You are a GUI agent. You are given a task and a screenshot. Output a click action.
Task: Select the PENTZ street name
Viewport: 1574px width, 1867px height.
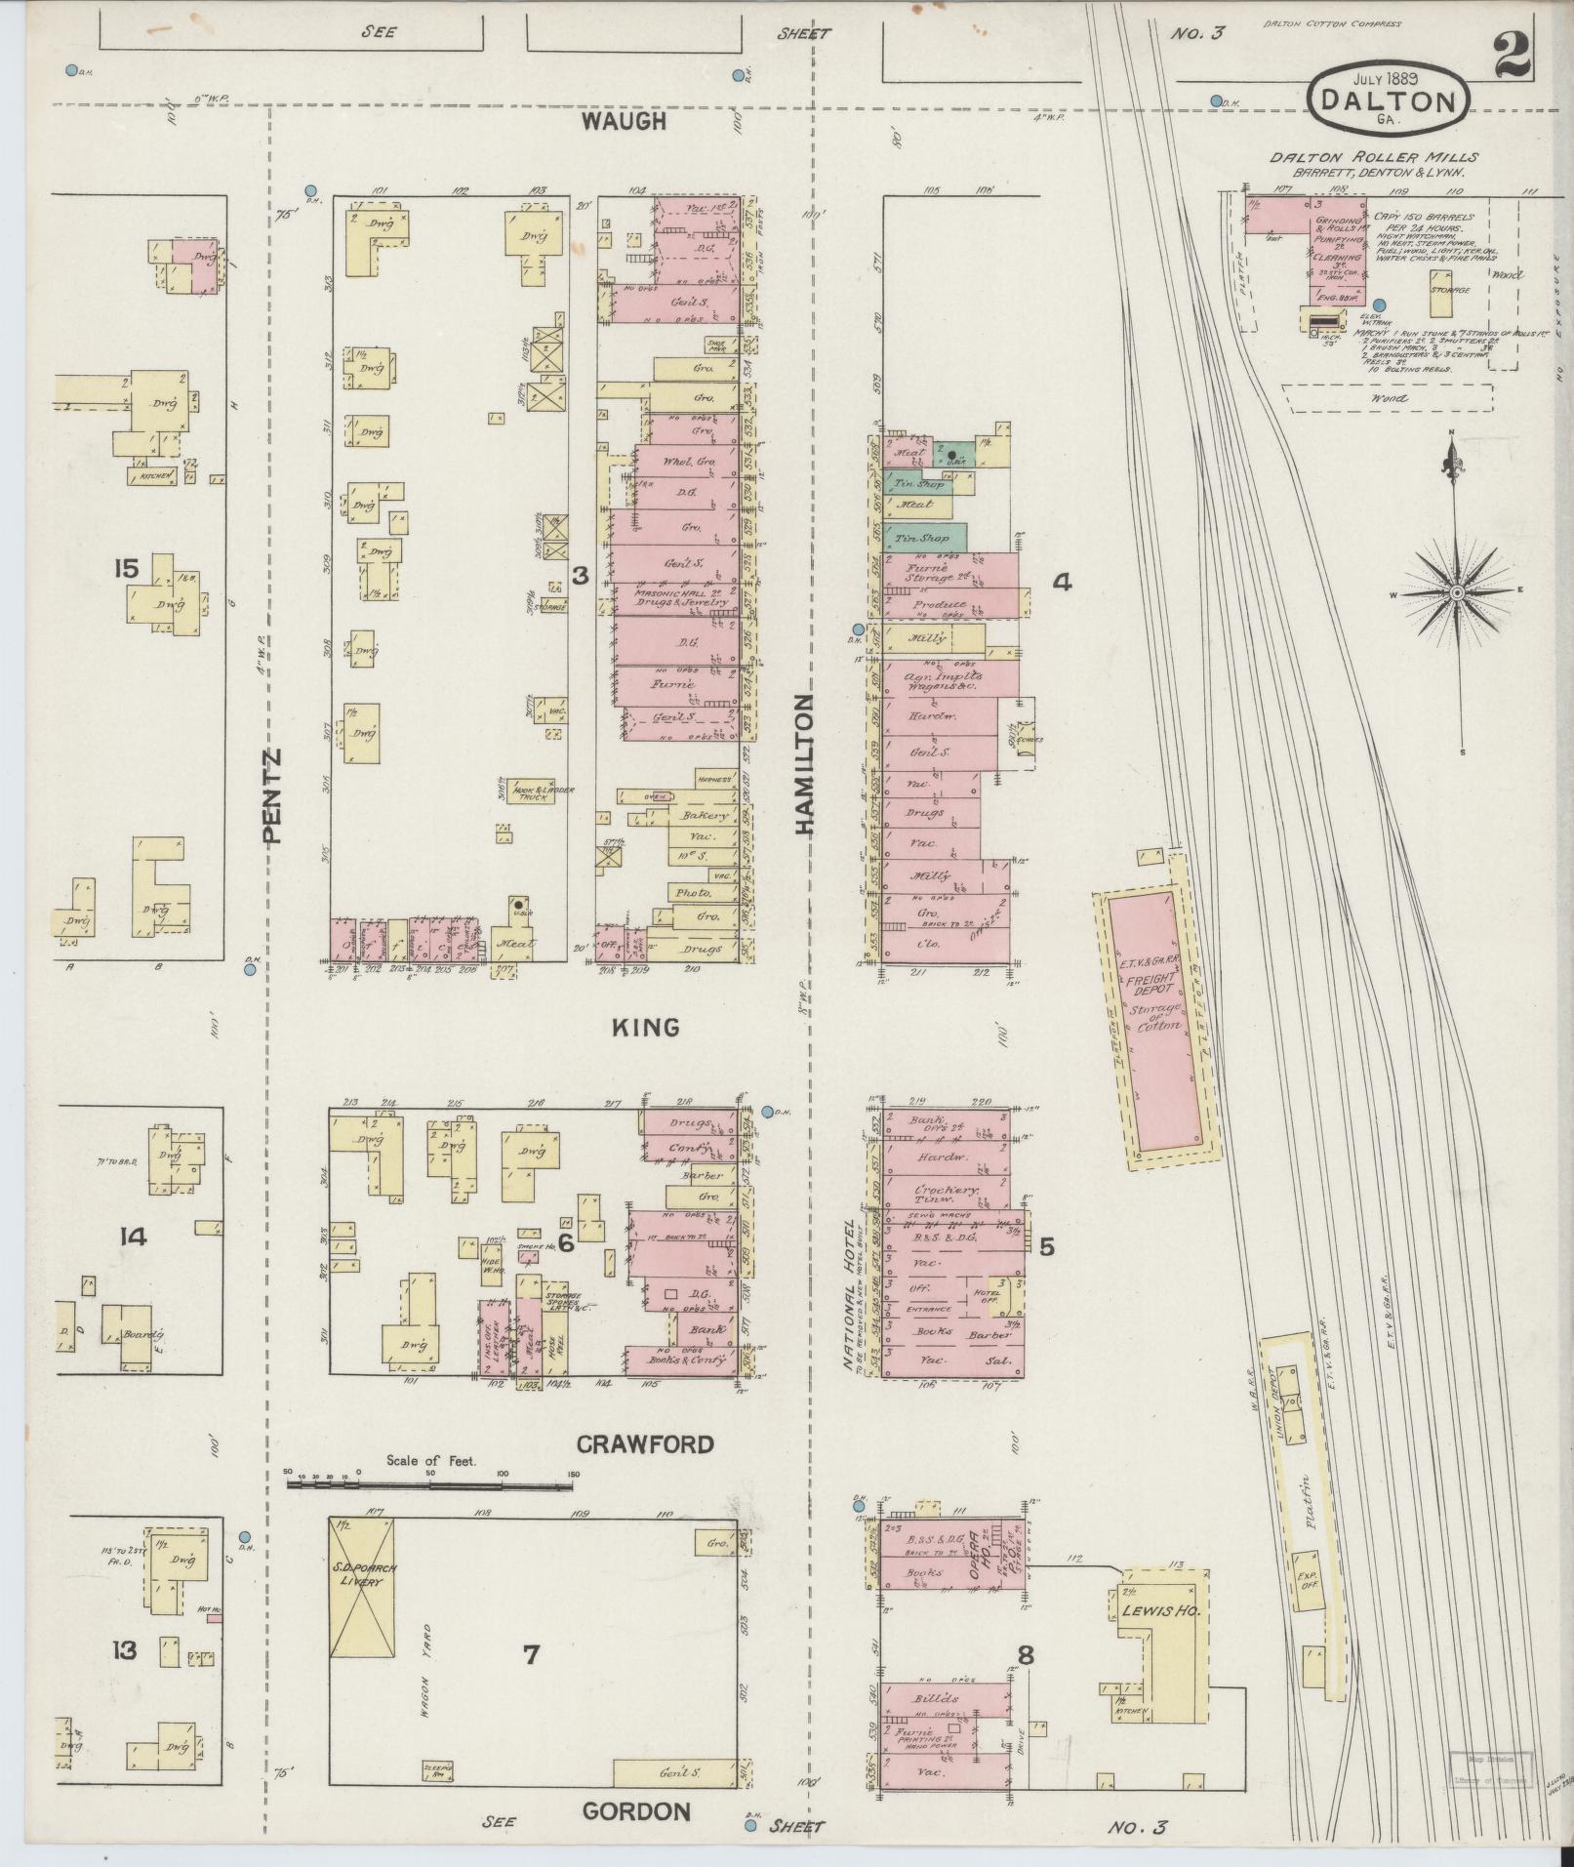(x=271, y=794)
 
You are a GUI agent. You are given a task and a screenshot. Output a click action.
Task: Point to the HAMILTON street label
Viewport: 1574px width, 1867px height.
(x=803, y=764)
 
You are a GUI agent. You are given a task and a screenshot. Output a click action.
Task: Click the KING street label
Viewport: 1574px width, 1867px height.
(x=645, y=1027)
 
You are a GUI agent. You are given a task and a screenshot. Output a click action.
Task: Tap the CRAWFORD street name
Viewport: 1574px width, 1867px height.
(x=644, y=1443)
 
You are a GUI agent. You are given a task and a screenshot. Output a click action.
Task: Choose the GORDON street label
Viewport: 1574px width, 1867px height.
(x=636, y=1811)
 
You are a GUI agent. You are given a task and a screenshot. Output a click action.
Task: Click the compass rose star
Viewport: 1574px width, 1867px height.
(x=1456, y=592)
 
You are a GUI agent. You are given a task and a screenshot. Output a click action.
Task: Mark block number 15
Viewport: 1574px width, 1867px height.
(x=127, y=568)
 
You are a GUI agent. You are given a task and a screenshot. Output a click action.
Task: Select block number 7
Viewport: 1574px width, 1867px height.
(x=531, y=1654)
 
